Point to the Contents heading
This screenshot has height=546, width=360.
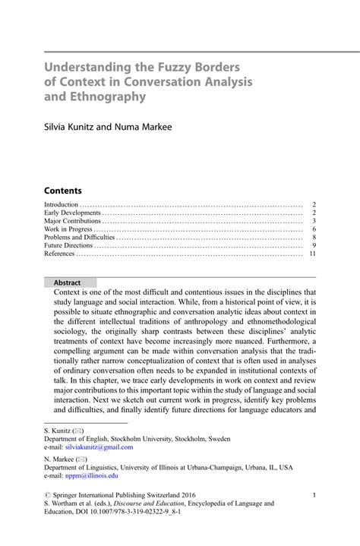[x=62, y=191]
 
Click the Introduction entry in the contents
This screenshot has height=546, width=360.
[x=62, y=204]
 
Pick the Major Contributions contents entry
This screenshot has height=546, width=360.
[x=73, y=221]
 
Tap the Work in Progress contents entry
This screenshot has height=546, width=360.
[x=68, y=229]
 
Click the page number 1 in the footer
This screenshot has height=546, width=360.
[x=314, y=495]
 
